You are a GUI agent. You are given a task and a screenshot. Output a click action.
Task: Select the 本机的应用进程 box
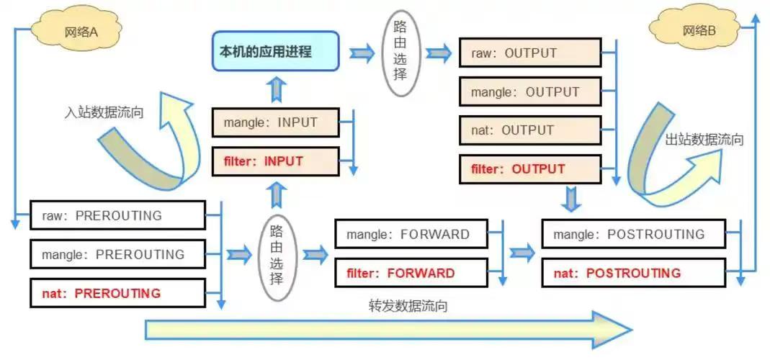point(275,52)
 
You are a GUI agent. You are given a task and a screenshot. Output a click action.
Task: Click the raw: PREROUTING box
point(117,215)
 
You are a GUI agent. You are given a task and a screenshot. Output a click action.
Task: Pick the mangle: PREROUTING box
point(117,254)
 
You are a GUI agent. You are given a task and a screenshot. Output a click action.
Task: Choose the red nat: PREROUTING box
point(117,293)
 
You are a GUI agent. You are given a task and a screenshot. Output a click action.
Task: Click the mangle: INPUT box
point(275,122)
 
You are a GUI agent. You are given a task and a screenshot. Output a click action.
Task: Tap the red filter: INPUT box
point(275,161)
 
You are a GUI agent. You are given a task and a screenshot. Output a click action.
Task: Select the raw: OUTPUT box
point(529,53)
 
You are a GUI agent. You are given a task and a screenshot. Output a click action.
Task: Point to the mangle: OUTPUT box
point(529,92)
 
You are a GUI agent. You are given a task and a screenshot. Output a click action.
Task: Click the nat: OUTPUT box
point(529,130)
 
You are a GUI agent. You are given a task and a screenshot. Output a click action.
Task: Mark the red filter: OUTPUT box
point(529,169)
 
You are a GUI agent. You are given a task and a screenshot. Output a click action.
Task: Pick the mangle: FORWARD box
point(408,234)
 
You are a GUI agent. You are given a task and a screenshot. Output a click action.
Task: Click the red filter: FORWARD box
point(408,273)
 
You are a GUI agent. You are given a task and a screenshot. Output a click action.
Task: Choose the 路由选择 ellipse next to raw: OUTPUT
point(400,53)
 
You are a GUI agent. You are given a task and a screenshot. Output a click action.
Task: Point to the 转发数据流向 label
point(408,305)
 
